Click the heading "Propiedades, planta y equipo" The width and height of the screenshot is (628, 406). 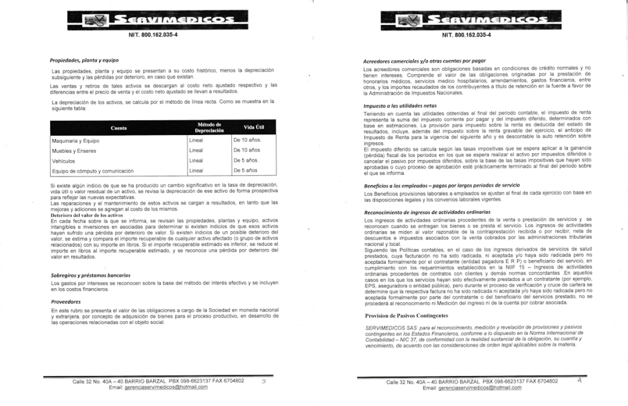click(84, 60)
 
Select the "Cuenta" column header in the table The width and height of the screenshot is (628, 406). click(118, 128)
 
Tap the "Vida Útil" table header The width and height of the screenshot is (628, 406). click(253, 128)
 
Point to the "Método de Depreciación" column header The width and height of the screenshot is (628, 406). click(209, 128)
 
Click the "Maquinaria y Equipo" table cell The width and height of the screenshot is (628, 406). click(76, 140)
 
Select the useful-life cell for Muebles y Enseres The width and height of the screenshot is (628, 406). click(247, 150)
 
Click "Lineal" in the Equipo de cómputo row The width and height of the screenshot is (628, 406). click(196, 170)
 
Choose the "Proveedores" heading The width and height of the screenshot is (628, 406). click(66, 302)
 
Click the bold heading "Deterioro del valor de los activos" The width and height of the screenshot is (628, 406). click(87, 216)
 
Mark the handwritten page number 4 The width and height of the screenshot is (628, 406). click(579, 380)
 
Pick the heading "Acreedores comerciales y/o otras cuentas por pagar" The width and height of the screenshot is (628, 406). click(424, 61)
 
